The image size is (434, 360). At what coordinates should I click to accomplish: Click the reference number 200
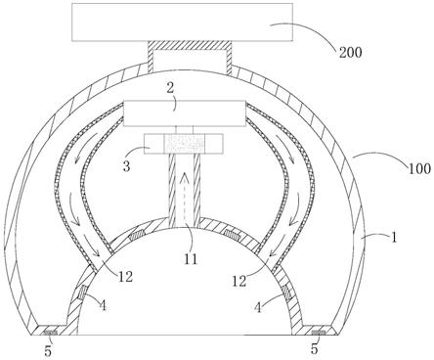point(351,52)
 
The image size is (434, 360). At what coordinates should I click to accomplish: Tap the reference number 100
point(419,169)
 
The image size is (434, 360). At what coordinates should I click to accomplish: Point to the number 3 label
point(126,166)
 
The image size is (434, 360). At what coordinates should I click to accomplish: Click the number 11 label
point(191,259)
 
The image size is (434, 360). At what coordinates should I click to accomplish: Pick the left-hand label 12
point(125,277)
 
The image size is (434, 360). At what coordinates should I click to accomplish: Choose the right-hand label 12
point(239,281)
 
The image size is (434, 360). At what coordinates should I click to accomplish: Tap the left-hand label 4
point(103,305)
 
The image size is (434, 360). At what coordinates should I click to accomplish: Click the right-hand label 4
point(258,307)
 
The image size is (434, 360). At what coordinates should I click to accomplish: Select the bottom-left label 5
point(48,351)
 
